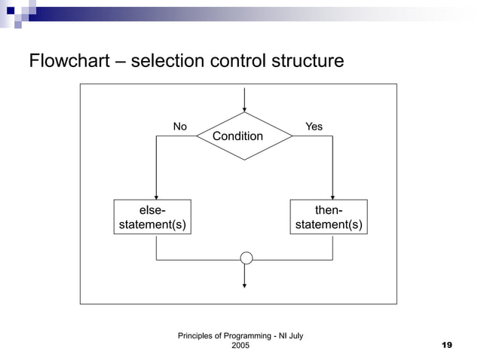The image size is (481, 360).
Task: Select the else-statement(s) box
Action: pos(152,217)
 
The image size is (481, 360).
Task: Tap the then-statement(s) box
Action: pos(329,217)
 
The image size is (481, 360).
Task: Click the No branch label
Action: pos(180,127)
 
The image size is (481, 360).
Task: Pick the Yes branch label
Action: pos(314,127)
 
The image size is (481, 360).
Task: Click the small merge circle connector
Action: pos(246,258)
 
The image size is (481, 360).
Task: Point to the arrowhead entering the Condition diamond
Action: pos(244,108)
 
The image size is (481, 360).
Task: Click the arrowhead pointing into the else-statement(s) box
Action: pos(156,195)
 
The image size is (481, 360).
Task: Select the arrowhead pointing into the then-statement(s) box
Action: pos(332,195)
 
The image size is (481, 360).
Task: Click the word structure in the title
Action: pos(307,60)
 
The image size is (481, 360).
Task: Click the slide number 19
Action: pos(446,345)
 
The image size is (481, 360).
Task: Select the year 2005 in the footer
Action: pos(240,345)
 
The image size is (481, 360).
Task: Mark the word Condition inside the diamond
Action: pos(237,136)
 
